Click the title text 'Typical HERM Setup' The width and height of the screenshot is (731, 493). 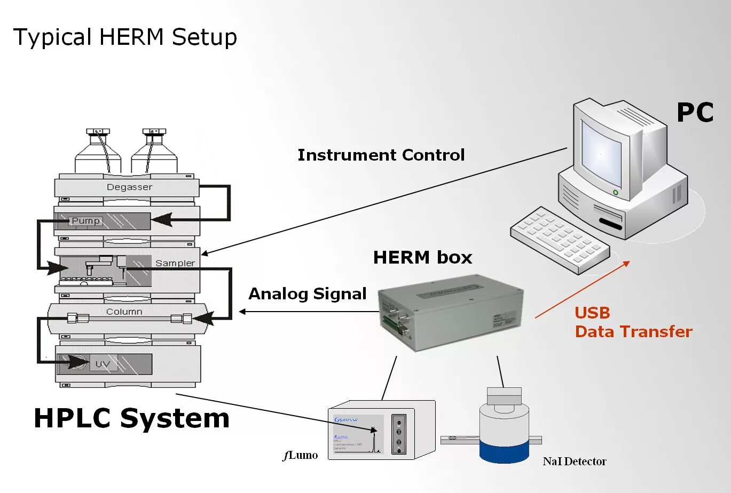(125, 38)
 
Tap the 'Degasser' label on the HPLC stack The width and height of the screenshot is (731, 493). (129, 187)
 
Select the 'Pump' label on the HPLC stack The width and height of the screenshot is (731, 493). (85, 221)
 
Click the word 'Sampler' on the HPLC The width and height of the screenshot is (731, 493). (175, 263)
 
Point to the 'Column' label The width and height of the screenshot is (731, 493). (124, 312)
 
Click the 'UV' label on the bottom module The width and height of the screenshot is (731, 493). (103, 364)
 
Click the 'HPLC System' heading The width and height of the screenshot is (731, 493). (131, 418)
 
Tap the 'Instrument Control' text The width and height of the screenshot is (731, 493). (381, 155)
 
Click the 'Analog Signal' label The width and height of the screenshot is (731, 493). (307, 294)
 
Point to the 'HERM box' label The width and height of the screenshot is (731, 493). (422, 258)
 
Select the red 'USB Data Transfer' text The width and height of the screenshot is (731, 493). (633, 322)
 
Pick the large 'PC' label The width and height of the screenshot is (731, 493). (695, 113)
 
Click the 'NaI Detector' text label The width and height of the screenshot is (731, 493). (574, 462)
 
